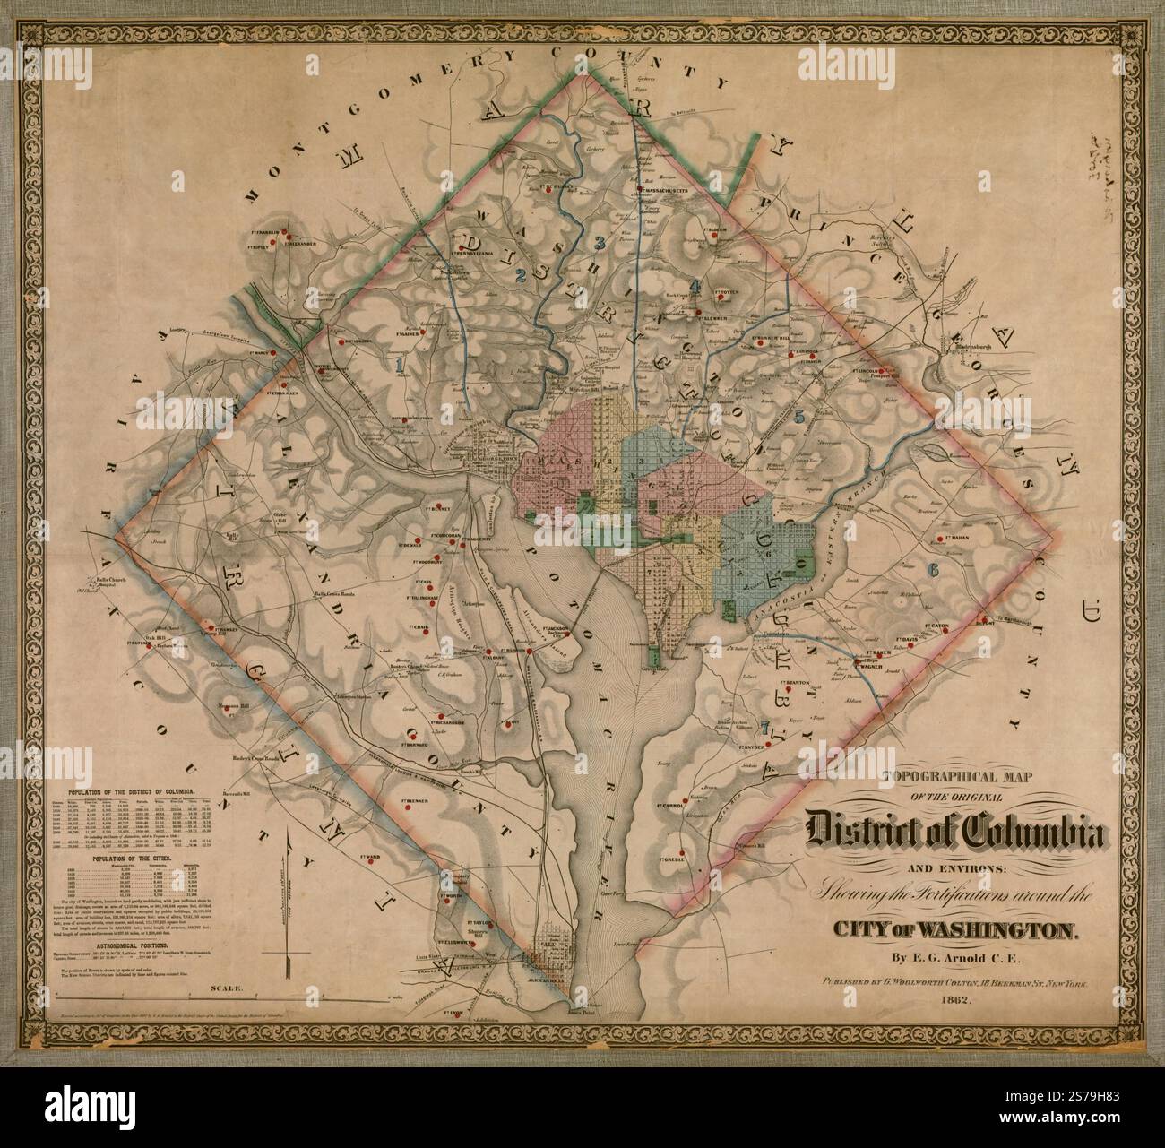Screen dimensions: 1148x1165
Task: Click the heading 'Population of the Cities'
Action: (x=132, y=858)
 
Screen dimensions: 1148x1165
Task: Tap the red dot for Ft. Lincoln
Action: (x=883, y=371)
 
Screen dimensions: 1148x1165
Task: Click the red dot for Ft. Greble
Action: (x=683, y=852)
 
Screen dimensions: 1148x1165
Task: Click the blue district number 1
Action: (x=400, y=365)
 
